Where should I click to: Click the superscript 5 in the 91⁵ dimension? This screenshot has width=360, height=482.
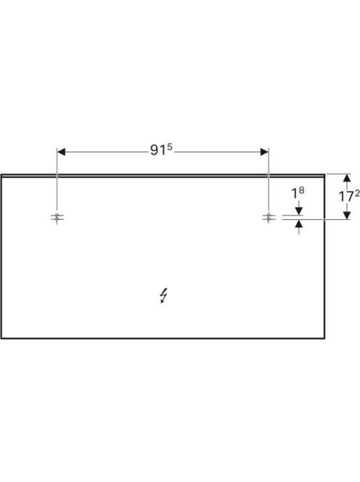coord(170,147)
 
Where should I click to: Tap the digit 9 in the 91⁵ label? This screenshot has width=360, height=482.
coord(155,150)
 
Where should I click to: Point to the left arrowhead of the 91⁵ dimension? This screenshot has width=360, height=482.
coord(62,152)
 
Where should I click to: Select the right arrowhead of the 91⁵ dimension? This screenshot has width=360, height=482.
coord(264,152)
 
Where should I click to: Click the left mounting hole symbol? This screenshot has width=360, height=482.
coord(57,217)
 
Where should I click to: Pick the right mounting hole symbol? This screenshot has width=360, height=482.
coord(269,217)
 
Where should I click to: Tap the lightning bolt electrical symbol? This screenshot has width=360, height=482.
coord(163,295)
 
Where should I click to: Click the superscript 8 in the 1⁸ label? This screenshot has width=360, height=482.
coord(301,191)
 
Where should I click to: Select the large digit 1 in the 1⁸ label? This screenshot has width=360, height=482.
coord(295,194)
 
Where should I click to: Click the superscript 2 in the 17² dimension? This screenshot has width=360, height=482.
coord(357,194)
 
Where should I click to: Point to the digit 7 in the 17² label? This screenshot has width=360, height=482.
coord(349,197)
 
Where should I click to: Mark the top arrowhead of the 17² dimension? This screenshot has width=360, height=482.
coord(347,178)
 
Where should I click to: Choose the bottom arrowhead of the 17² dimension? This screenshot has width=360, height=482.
coord(347,216)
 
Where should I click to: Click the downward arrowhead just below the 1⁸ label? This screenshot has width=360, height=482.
coord(299,211)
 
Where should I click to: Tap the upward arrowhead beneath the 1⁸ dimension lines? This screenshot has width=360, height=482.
coord(299,224)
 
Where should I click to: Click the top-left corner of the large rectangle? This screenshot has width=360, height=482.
coord(1,175)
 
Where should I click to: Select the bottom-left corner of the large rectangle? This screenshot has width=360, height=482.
coord(1,338)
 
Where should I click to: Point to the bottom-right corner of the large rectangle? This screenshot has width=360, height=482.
coord(324,338)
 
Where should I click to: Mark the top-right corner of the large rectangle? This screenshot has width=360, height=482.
coord(324,175)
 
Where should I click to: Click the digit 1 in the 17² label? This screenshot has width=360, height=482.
coord(342,197)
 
